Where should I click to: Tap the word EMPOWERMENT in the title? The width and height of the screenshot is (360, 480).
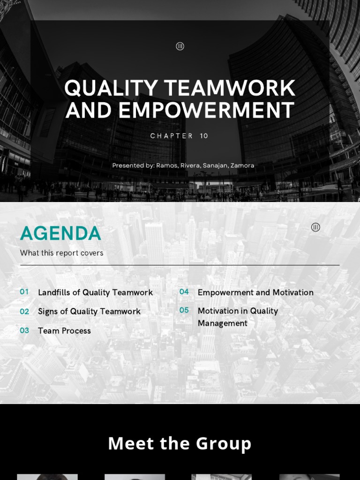[206, 111]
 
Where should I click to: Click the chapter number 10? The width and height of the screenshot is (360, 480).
[204, 136]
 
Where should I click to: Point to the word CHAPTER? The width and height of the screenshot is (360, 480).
[172, 136]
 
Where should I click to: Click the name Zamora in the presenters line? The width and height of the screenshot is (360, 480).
[242, 165]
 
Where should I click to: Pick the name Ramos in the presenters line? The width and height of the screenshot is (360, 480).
[167, 165]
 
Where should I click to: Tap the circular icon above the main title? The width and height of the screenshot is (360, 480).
[180, 46]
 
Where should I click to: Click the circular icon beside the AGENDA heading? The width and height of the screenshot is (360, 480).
[315, 227]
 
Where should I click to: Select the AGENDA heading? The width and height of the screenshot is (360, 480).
[60, 233]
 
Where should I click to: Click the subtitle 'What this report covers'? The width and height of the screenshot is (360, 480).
[61, 253]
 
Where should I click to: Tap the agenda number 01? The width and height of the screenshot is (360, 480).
[24, 292]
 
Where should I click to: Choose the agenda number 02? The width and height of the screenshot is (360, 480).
[24, 311]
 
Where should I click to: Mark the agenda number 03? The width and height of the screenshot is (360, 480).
[24, 330]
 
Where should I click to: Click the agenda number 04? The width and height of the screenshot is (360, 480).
[184, 292]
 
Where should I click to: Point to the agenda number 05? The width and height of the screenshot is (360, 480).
[184, 310]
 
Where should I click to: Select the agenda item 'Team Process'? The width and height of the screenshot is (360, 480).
[64, 331]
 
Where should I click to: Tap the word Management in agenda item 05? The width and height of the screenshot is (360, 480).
[223, 323]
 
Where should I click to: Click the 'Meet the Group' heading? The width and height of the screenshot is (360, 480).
[180, 443]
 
